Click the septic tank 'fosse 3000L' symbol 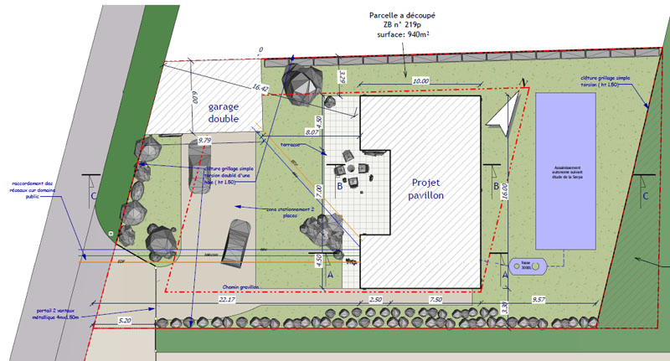point(527,266)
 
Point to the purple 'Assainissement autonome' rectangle point(566,171)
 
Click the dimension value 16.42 point(260,87)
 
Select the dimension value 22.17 point(227,299)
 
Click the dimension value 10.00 point(420,80)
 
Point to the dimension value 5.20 point(125,320)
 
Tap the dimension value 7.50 point(435,299)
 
